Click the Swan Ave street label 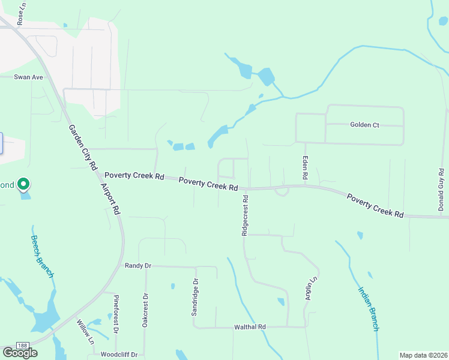coord(29,77)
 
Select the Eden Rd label coord(304,170)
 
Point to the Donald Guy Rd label coord(441,190)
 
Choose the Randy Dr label coord(137,265)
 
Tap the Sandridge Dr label coord(195,296)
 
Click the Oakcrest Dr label coord(145,310)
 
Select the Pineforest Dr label coord(116,314)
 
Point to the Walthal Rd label coord(250,327)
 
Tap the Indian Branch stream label coord(369,308)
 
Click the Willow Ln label coord(86,331)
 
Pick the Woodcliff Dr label coord(119,355)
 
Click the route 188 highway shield coord(22,345)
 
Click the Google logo coord(20,353)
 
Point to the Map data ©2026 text coord(423,355)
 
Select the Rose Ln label coord(22,14)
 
